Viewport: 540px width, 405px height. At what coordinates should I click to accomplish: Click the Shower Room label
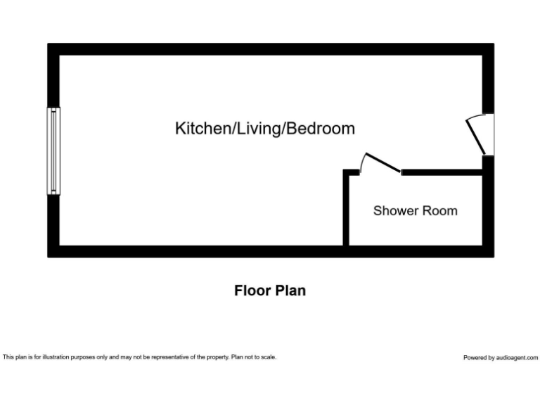click(x=415, y=210)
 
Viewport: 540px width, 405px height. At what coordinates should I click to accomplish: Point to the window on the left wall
click(x=53, y=150)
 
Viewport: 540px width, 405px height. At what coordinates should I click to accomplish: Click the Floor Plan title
click(x=270, y=290)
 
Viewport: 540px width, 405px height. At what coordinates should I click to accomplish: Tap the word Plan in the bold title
click(x=290, y=290)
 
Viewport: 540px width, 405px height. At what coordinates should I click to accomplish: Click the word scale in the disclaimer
click(x=267, y=357)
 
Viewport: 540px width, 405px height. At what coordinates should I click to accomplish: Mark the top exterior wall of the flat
click(x=270, y=49)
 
